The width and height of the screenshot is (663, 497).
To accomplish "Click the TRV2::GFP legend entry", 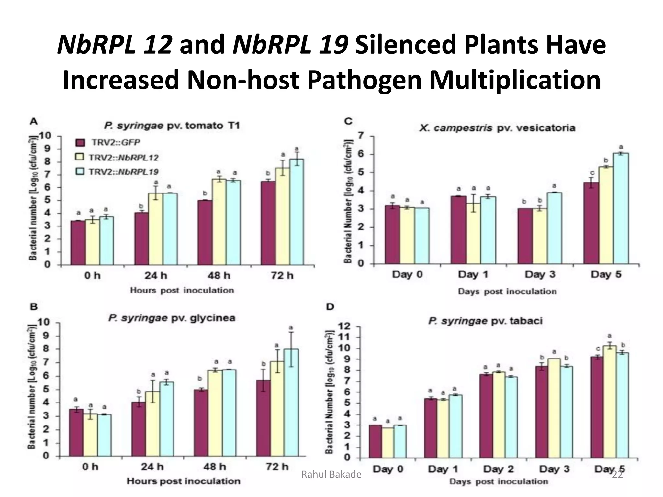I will click(109, 143).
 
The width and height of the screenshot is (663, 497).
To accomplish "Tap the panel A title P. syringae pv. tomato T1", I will click(172, 126).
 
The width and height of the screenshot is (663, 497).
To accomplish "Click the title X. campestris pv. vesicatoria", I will click(497, 128).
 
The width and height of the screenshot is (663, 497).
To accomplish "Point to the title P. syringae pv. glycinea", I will click(172, 318).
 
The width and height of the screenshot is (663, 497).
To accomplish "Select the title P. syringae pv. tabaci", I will click(485, 321).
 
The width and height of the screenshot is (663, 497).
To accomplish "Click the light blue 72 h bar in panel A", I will click(297, 212).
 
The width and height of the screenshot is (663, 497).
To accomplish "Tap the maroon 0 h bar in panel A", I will click(78, 243).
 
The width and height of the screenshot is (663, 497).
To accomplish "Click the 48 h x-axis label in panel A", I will click(219, 276).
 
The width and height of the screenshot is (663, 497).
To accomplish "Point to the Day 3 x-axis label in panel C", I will click(540, 274).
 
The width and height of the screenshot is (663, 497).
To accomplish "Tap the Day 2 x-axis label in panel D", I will click(498, 469).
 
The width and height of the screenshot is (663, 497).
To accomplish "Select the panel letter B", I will click(34, 307).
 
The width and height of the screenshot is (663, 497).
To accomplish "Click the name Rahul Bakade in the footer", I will click(331, 474).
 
